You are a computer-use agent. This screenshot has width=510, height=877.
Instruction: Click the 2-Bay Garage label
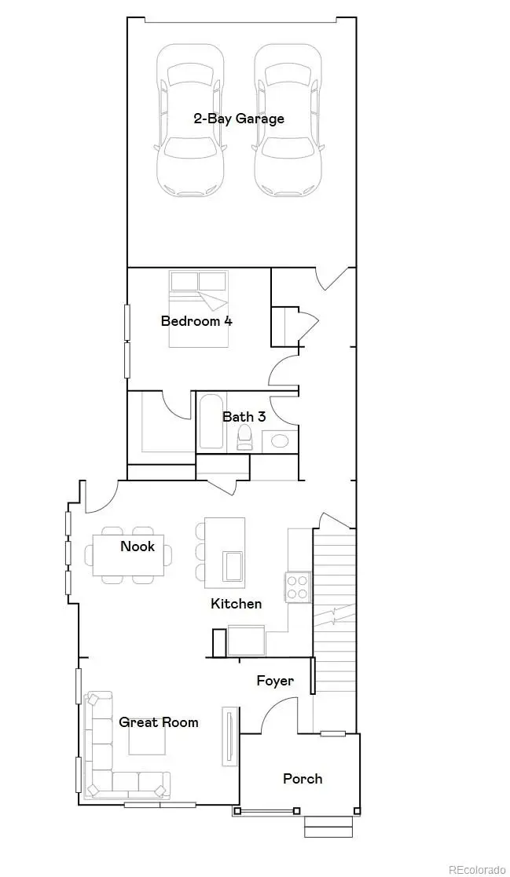pos(239,119)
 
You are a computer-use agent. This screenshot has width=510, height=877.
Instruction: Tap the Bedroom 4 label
pos(196,320)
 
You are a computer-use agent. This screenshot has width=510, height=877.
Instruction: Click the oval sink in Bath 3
pos(280,440)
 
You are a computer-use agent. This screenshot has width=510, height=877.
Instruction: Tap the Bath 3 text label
pos(244,416)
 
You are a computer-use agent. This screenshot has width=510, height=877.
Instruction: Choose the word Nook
pos(138,546)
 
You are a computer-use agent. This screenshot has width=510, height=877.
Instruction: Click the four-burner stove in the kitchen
pos(298,587)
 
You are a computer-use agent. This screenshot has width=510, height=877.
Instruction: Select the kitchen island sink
pos(233,565)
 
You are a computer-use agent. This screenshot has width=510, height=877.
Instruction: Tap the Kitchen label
pos(236,604)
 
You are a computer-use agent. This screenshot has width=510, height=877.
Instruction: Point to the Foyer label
pos(275,681)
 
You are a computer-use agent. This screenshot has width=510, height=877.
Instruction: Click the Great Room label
pos(158,722)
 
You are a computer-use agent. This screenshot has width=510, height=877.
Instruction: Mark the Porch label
pos(303,779)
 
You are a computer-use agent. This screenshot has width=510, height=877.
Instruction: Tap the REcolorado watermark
pos(477,869)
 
